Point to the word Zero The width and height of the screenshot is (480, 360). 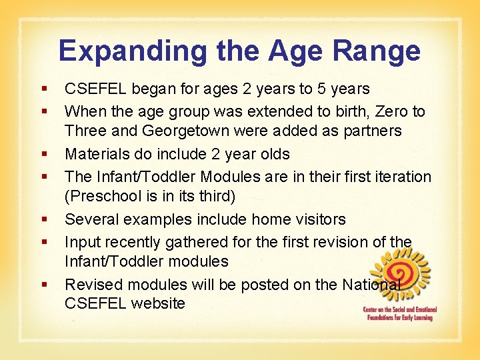click(383, 111)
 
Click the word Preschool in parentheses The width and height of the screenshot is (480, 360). click(106, 197)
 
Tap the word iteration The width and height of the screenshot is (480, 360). click(399, 176)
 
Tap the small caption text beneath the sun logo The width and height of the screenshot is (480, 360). click(398, 314)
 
